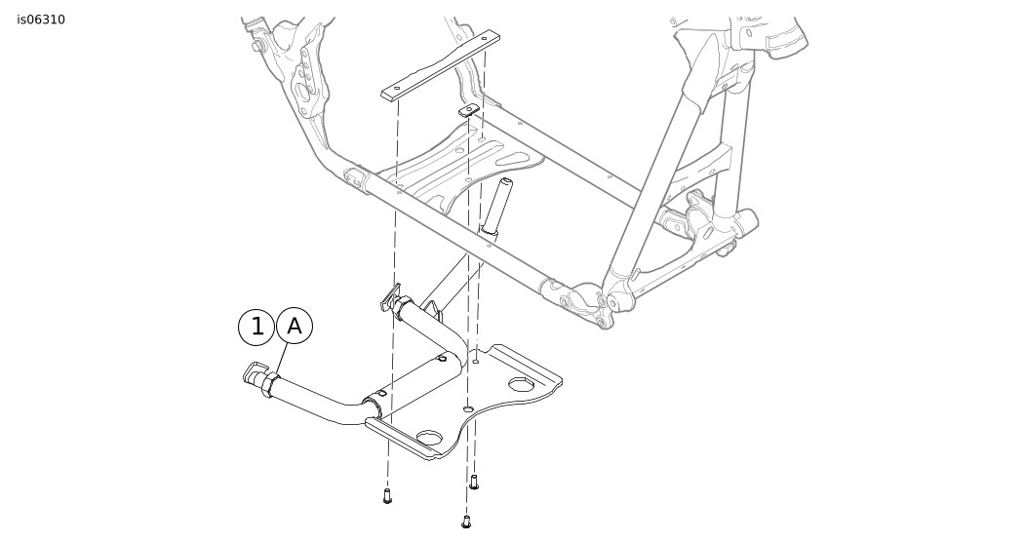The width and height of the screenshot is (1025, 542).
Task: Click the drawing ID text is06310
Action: (x=41, y=19)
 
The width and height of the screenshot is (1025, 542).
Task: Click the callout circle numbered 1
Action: (x=256, y=327)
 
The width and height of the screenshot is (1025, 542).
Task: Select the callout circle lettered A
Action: (x=295, y=326)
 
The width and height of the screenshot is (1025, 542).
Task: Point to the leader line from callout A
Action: (x=281, y=360)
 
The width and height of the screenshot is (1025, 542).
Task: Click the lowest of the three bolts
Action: (x=466, y=522)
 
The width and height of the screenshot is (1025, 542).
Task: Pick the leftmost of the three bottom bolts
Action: (x=387, y=495)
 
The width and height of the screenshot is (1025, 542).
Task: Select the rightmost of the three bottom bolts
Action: (x=474, y=482)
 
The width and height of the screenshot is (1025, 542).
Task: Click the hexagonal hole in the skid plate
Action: (x=521, y=384)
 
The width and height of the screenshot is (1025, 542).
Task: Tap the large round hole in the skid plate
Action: (x=430, y=438)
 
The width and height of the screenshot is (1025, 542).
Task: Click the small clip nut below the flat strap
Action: (x=468, y=110)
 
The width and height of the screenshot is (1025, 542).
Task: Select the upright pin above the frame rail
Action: (x=496, y=204)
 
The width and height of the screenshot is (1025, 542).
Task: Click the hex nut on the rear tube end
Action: (x=403, y=306)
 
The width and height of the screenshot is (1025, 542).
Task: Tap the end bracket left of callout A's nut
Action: (x=253, y=373)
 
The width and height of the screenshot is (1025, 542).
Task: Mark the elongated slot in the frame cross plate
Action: (x=516, y=158)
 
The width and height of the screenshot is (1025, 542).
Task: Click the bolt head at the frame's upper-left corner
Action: (x=257, y=46)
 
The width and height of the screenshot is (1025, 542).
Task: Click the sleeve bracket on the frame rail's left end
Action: (x=355, y=179)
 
